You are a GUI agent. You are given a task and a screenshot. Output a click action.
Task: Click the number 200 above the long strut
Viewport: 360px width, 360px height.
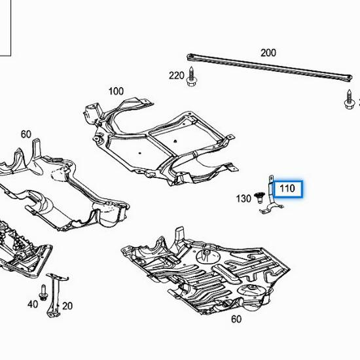point(268,53)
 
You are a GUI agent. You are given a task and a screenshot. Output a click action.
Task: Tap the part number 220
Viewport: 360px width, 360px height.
point(177,76)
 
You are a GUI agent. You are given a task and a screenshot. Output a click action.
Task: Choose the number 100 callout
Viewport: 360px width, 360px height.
point(116,91)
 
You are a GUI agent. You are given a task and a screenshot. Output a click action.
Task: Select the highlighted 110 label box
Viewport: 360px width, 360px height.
point(287,190)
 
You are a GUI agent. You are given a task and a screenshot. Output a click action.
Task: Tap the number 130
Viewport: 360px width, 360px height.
point(243,198)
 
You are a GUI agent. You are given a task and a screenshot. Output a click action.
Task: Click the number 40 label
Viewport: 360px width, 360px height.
point(32,304)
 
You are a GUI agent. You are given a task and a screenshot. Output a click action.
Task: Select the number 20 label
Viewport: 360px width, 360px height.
point(67,305)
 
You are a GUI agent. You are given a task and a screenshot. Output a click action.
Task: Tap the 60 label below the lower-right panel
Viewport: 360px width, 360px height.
point(236,319)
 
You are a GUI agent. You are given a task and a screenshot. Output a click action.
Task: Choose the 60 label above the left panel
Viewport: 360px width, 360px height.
point(26,135)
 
